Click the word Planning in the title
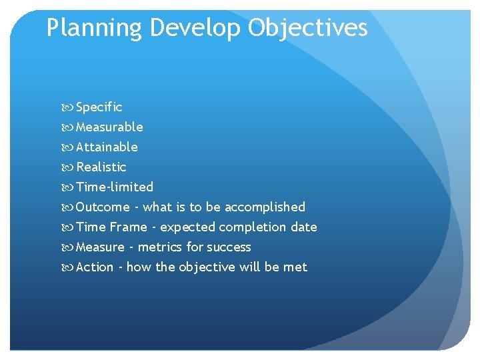click(x=94, y=28)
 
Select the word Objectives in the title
click(x=309, y=28)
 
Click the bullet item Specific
click(x=99, y=107)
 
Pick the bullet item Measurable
click(x=109, y=127)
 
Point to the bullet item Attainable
click(x=107, y=147)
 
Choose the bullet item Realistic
click(x=101, y=167)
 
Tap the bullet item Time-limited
click(x=115, y=187)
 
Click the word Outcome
click(x=103, y=207)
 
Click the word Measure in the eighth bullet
click(x=101, y=247)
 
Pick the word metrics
click(x=160, y=247)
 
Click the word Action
click(x=95, y=267)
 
